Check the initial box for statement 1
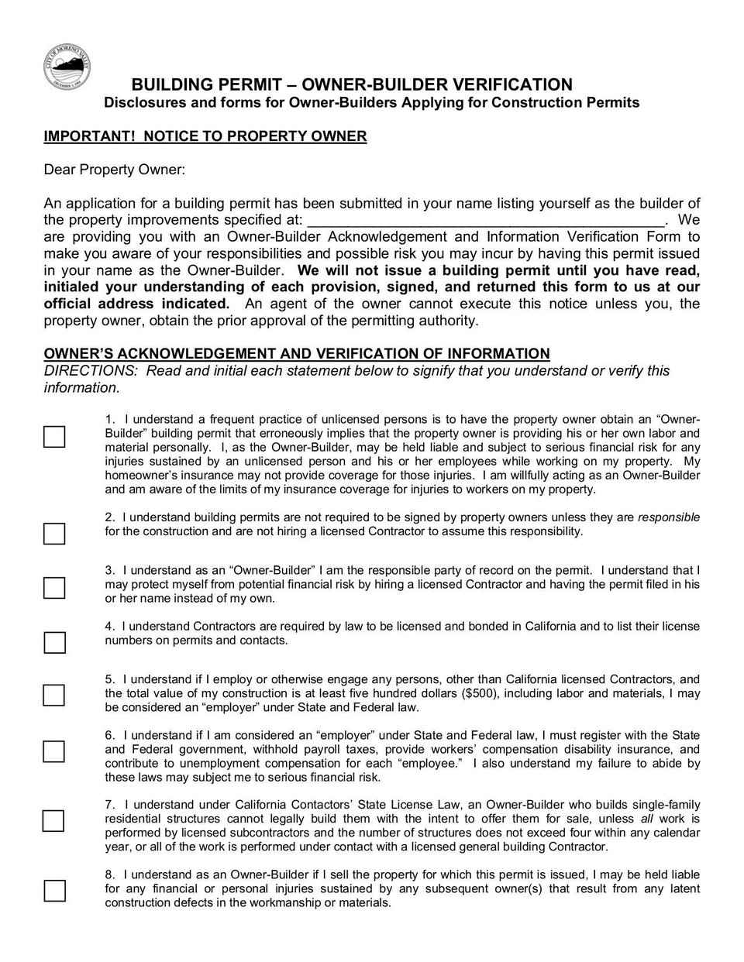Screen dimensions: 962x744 point(54,437)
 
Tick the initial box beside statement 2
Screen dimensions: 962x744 point(54,534)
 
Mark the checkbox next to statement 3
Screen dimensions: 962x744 point(54,588)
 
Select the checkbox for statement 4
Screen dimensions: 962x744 point(54,642)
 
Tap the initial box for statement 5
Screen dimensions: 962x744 point(54,695)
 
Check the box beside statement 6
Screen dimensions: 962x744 point(54,751)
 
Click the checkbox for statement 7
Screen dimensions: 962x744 point(54,820)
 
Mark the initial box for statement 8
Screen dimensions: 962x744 point(54,891)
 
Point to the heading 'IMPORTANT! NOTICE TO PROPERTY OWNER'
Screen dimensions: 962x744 point(205,136)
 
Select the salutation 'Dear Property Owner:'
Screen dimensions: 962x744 point(114,169)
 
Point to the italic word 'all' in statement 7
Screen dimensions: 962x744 point(646,819)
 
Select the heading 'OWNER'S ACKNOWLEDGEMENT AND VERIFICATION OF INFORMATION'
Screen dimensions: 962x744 point(296,354)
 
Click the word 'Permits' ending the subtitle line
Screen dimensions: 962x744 point(613,102)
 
